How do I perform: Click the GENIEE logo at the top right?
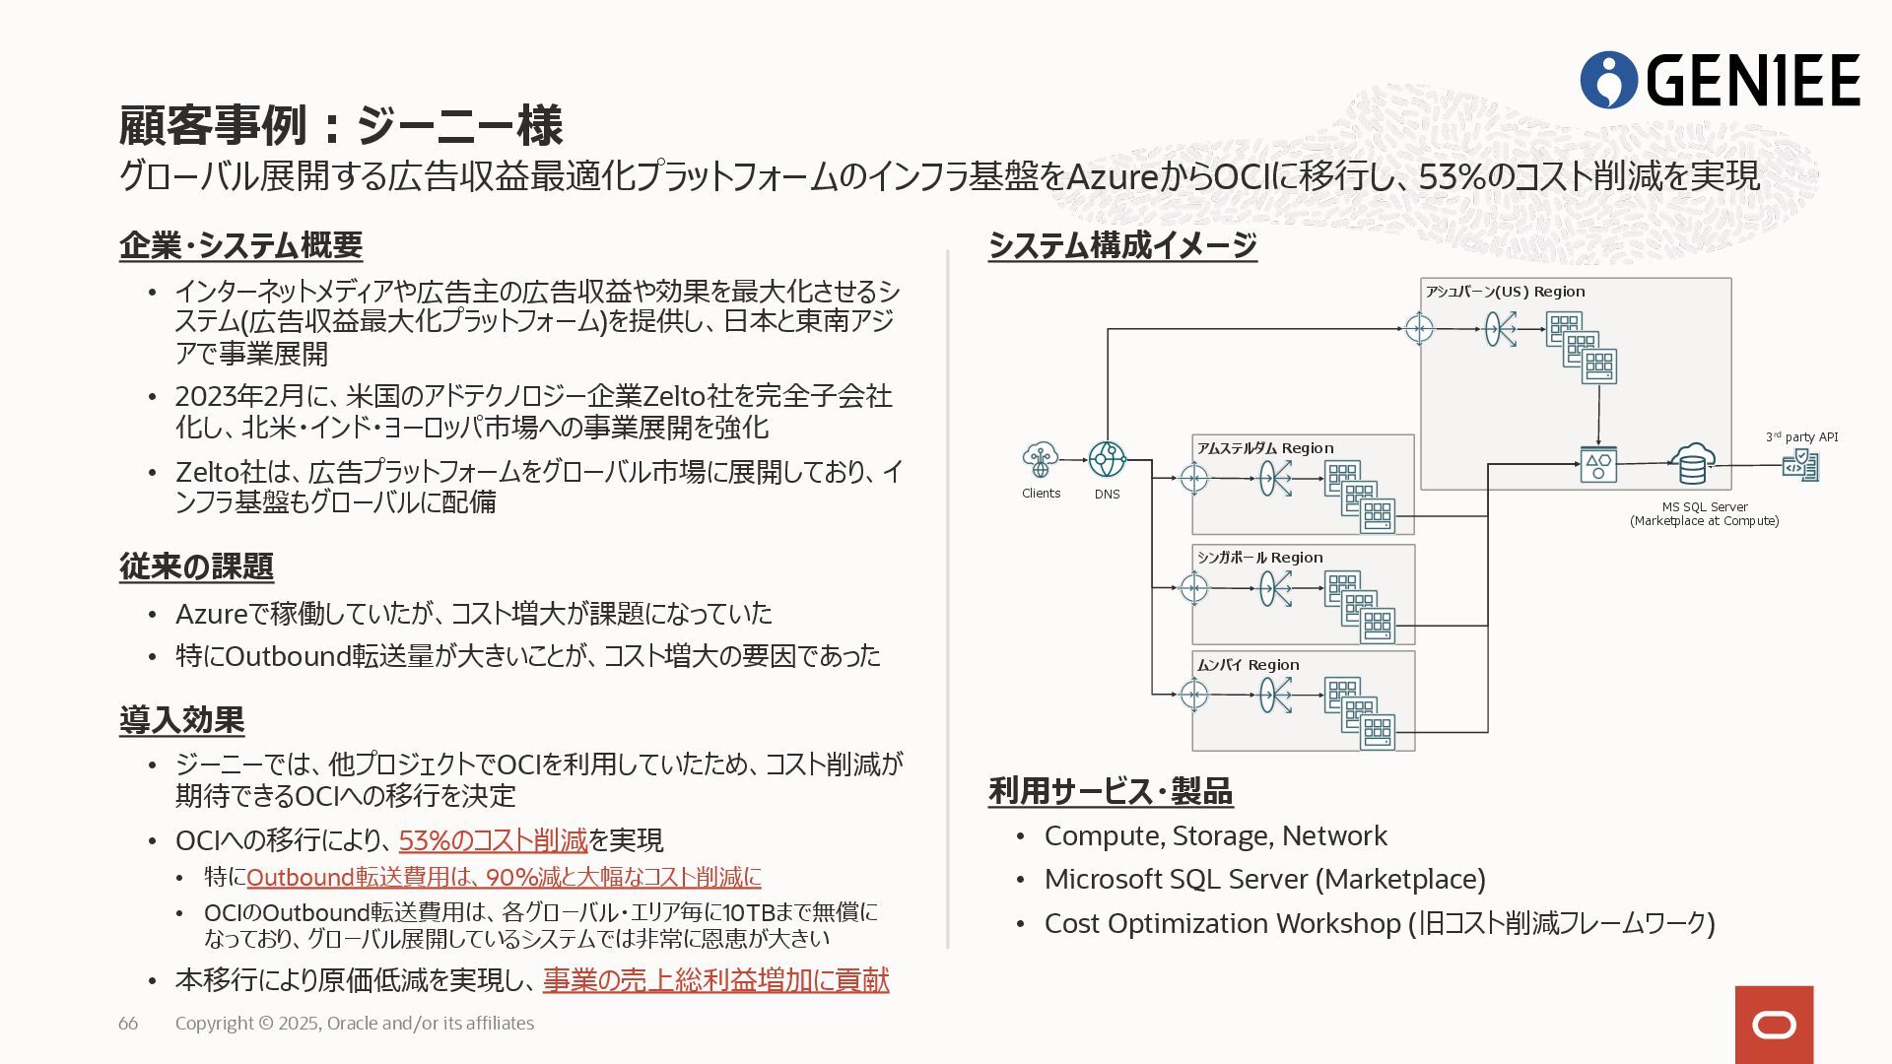[x=1720, y=80]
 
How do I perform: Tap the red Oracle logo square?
[x=1774, y=1025]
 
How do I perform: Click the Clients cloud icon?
[x=1041, y=459]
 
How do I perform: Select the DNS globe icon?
[x=1107, y=459]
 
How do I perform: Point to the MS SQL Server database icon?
[x=1692, y=463]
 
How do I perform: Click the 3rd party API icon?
[x=1800, y=464]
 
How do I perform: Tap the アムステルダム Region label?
[x=1264, y=448]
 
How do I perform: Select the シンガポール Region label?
[x=1259, y=558]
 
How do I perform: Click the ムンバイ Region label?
[x=1248, y=665]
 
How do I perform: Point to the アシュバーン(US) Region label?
[x=1505, y=292]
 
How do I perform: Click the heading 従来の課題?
[x=196, y=566]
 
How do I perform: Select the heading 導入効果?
[x=181, y=720]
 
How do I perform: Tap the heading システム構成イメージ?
[x=1122, y=245]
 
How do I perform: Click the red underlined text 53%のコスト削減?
[x=493, y=840]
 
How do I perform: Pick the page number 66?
[x=128, y=1024]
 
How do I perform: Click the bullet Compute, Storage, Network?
[x=1215, y=836]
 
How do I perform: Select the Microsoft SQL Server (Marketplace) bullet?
[x=1264, y=879]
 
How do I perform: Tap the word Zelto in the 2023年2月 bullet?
[x=675, y=396]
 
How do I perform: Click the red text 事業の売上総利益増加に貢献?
[x=715, y=980]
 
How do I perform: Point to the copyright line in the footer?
[x=355, y=1024]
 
